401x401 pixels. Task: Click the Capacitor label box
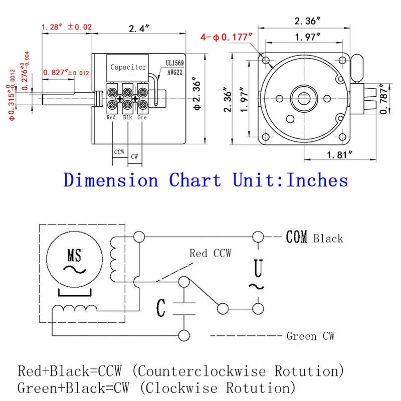tap(128, 67)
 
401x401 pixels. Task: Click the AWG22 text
tap(176, 72)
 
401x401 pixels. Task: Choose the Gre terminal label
tap(142, 117)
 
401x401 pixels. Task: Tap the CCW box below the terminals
tap(119, 151)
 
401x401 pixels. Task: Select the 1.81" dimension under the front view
tap(338, 155)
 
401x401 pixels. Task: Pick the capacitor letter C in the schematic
tap(160, 308)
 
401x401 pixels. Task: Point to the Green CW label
tap(310, 336)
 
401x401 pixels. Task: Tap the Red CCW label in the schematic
tap(211, 254)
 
